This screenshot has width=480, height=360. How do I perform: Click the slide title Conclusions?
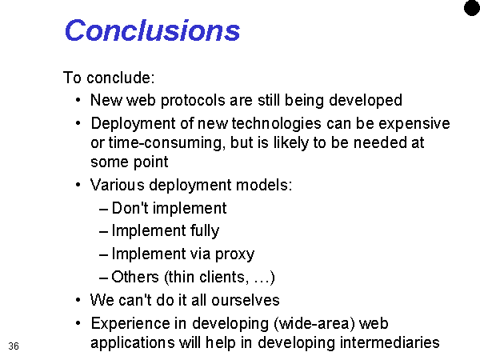(x=153, y=30)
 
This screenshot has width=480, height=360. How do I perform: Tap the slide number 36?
(x=14, y=346)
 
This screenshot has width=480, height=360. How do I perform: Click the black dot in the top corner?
(x=472, y=7)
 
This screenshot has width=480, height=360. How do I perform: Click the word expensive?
(x=414, y=124)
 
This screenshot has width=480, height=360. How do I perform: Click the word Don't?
(x=130, y=208)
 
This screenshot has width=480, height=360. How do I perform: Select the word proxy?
(x=234, y=254)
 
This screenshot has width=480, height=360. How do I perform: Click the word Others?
(x=135, y=277)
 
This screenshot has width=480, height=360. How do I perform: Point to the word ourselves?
(x=246, y=300)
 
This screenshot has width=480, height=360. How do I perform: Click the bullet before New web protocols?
(x=78, y=100)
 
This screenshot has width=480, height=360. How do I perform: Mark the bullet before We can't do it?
(x=78, y=300)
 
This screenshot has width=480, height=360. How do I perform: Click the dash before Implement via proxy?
(x=103, y=255)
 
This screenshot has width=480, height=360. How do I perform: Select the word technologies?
(x=277, y=124)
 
